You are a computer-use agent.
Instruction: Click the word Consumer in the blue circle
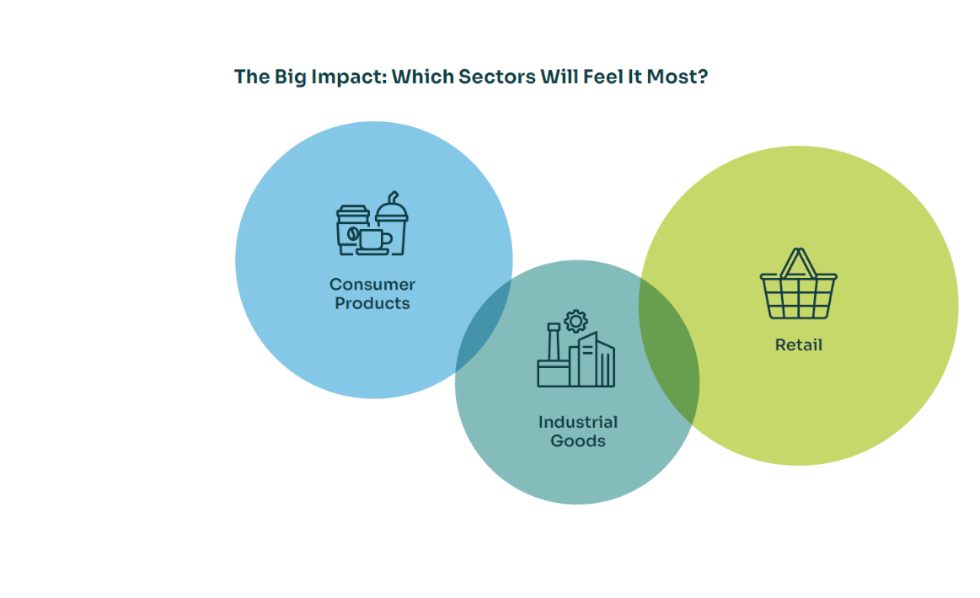[372, 285]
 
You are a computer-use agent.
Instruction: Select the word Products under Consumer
[372, 303]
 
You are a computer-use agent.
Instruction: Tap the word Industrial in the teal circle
[578, 423]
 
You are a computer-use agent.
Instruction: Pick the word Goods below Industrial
[578, 441]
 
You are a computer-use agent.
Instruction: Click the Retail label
[799, 345]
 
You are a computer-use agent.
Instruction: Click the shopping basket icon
[799, 284]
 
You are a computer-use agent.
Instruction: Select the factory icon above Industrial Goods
[576, 349]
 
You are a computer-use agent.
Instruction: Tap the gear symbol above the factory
[576, 321]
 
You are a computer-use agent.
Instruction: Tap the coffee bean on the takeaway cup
[352, 234]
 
